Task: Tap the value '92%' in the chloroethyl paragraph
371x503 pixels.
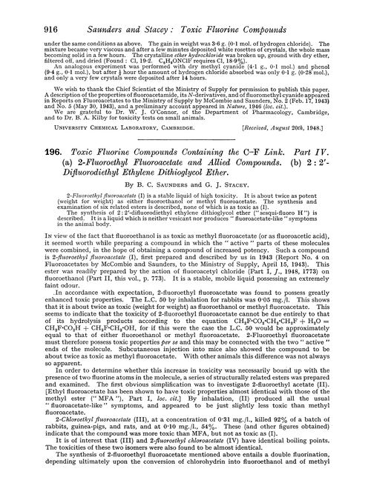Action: pyautogui.click(x=311, y=441)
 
